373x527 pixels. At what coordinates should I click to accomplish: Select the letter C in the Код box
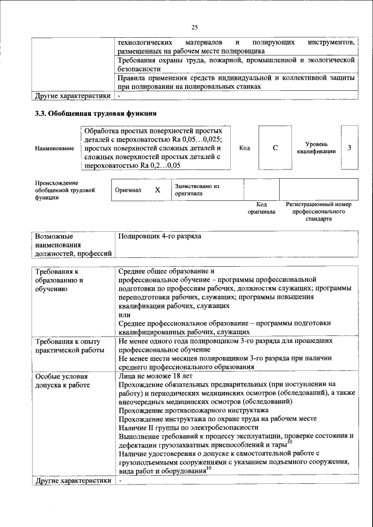tap(275, 148)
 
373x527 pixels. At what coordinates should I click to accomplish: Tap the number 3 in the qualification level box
tap(350, 147)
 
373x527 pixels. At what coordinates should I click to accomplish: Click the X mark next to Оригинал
tap(157, 190)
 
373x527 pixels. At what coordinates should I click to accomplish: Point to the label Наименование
tap(54, 148)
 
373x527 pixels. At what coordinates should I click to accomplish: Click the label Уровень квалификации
tap(316, 147)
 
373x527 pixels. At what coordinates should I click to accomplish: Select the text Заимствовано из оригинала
tap(196, 190)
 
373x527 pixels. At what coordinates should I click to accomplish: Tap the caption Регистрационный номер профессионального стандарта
tap(318, 211)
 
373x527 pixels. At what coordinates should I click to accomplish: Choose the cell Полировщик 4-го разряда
tap(159, 238)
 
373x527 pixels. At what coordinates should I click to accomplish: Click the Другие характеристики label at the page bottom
tap(72, 480)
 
